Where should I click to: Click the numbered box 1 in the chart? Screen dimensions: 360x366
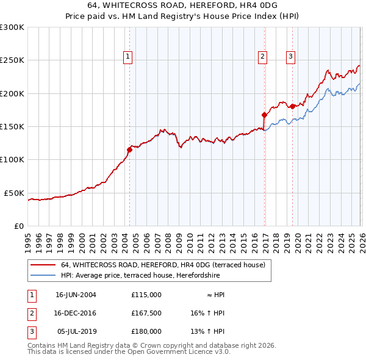point(128,57)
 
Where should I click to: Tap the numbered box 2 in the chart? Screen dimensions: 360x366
point(262,57)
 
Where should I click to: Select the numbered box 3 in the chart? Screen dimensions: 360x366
point(290,57)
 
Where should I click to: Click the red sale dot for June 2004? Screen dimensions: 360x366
point(129,149)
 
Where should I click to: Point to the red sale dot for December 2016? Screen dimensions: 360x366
point(264,115)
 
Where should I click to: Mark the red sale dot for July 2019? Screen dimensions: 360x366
point(292,106)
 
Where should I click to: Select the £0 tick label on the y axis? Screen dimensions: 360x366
point(18,226)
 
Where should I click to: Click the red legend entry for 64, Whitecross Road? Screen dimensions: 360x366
point(162,265)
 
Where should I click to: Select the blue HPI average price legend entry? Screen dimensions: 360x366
point(165,276)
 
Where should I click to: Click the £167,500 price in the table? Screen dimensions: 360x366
point(146,313)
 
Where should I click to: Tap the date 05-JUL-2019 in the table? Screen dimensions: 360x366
point(76,331)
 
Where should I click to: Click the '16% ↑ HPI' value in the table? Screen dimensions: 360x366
point(207,313)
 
